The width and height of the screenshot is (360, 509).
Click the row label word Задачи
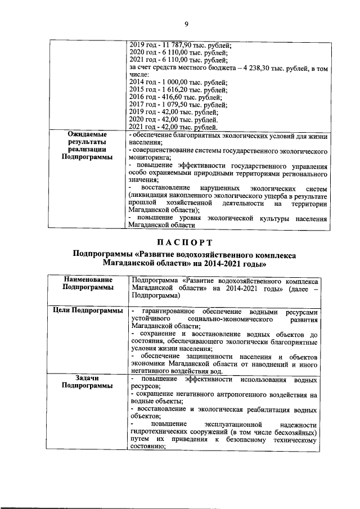tap(83, 379)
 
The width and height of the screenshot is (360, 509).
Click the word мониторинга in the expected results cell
tap(149, 159)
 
